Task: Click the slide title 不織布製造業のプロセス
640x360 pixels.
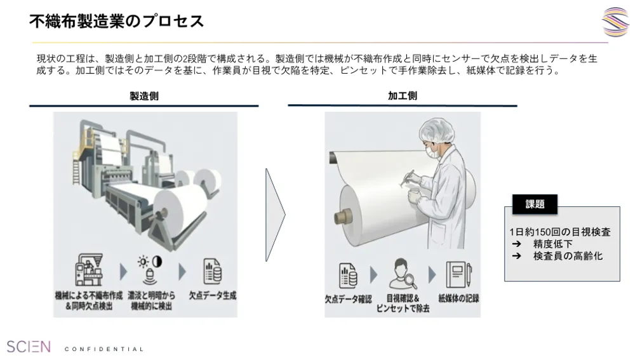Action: [116, 21]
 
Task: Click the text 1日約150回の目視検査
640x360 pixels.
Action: [560, 232]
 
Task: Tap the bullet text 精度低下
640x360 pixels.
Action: [552, 244]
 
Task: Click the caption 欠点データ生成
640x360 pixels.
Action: [213, 296]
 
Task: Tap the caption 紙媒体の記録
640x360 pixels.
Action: [458, 298]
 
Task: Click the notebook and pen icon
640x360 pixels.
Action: [458, 274]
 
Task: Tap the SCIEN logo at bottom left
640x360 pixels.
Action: [29, 347]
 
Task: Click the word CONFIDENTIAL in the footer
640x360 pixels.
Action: [104, 349]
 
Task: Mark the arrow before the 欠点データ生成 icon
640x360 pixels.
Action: [182, 272]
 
